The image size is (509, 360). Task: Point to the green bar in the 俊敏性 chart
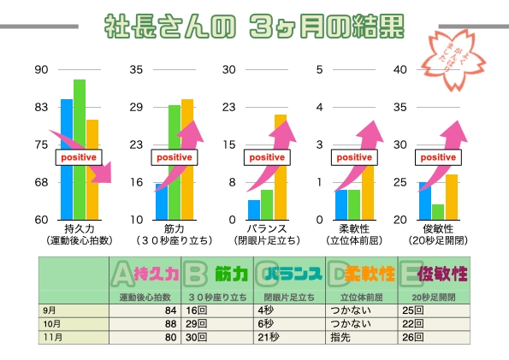click(438, 211)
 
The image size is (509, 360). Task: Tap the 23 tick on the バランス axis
click(228, 107)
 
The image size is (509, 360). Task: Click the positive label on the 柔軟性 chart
click(354, 157)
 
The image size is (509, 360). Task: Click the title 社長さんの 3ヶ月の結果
click(253, 27)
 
